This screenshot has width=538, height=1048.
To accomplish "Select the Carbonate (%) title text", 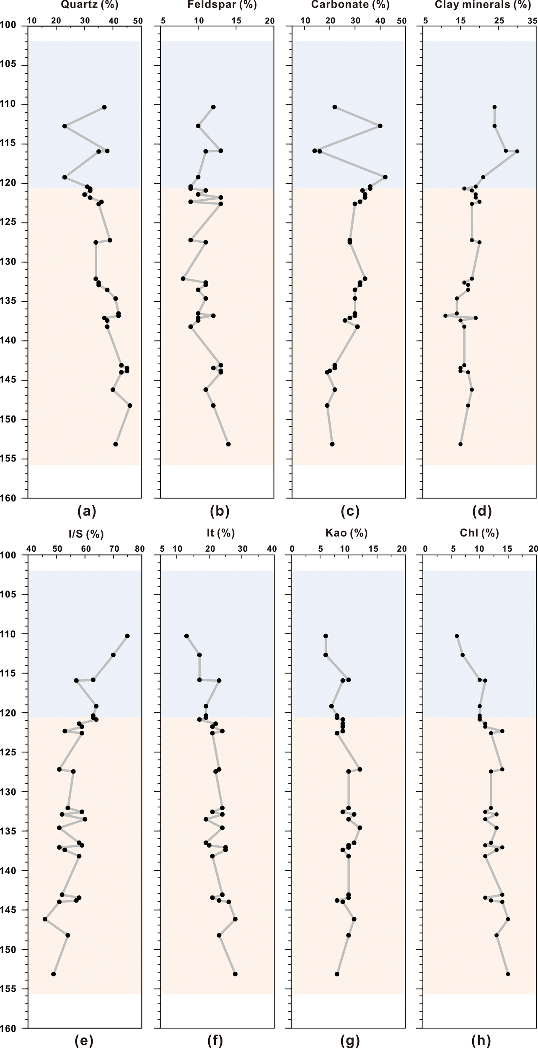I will click(x=350, y=5).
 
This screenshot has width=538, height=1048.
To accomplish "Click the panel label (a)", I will click(x=87, y=511).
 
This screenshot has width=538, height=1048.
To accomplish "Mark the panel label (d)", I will click(x=481, y=511).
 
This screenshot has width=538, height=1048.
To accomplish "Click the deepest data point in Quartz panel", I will click(x=116, y=444).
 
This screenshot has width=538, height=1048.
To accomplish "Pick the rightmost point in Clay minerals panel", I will click(x=517, y=151).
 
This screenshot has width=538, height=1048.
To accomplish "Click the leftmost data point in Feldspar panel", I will click(x=183, y=279).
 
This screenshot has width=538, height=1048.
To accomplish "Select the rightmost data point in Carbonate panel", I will click(x=385, y=177).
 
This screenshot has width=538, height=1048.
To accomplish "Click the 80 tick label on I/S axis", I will click(x=140, y=549).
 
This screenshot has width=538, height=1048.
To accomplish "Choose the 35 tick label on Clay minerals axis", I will click(x=532, y=20).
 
